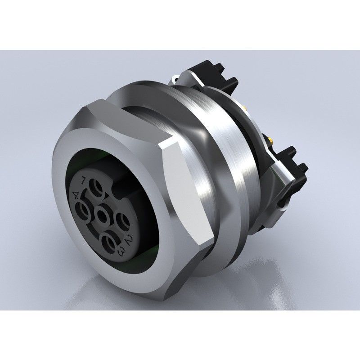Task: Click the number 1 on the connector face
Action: point(83,181)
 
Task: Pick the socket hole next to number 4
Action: point(85,210)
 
